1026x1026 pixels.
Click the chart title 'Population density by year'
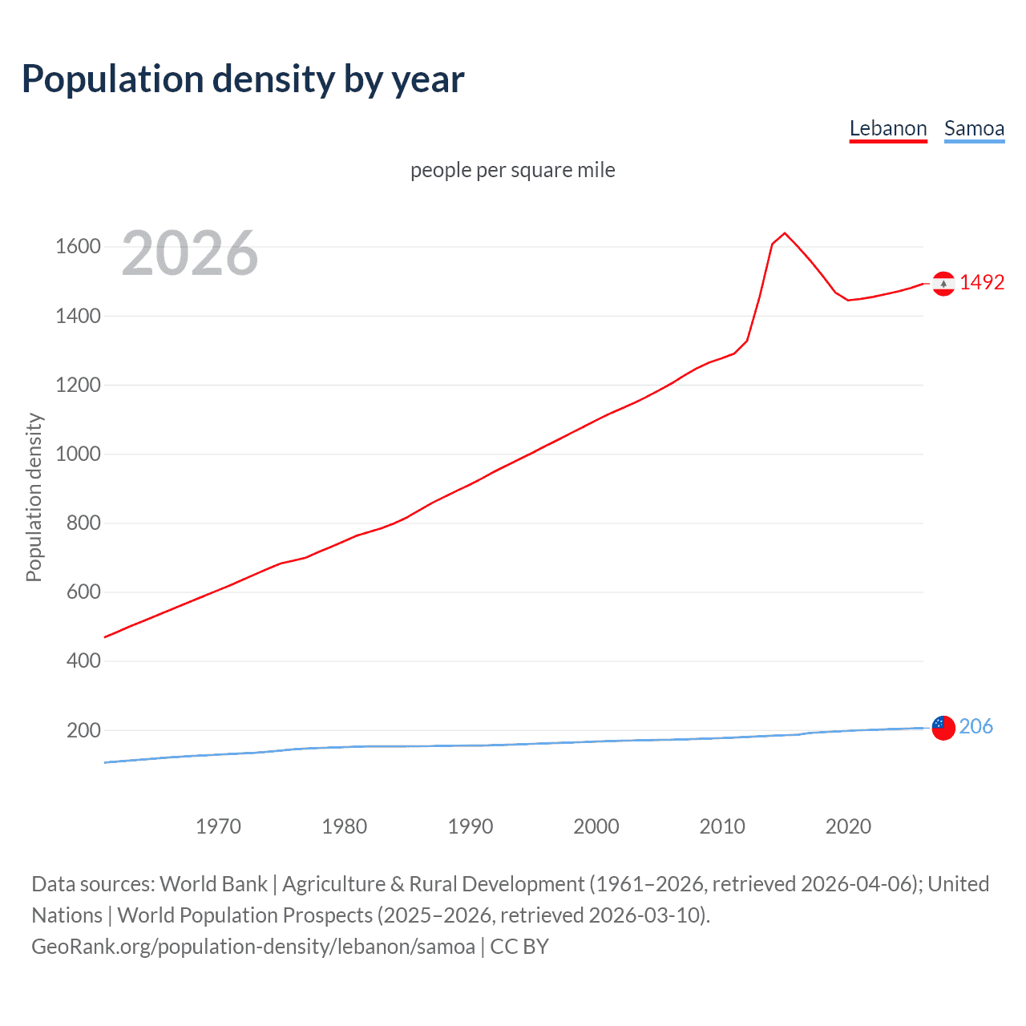243,79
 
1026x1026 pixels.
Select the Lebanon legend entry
887,128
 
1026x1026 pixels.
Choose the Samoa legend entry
974,128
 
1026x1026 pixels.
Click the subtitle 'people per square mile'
512,170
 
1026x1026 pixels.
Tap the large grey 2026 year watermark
190,253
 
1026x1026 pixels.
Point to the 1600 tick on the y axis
78,247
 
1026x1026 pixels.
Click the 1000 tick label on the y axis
78,454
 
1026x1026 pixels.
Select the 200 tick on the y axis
83,730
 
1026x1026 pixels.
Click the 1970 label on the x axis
218,826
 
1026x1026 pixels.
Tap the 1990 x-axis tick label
471,826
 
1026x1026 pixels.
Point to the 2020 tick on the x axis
848,826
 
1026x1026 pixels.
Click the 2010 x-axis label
722,826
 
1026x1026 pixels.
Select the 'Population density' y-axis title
34,497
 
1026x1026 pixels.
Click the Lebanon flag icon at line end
943,284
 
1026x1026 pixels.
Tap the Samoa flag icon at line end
943,728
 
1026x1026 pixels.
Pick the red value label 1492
982,282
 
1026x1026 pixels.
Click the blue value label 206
976,726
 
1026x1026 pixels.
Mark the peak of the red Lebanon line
785,233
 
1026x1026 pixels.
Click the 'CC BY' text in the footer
519,947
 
